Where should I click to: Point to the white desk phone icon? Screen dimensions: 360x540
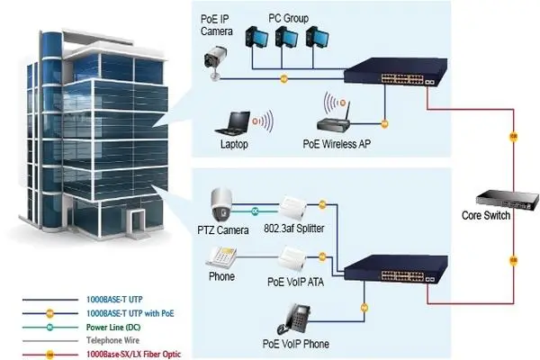221,256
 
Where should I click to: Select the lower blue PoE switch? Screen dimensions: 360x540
389,266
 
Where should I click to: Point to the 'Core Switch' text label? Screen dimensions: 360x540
485,216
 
